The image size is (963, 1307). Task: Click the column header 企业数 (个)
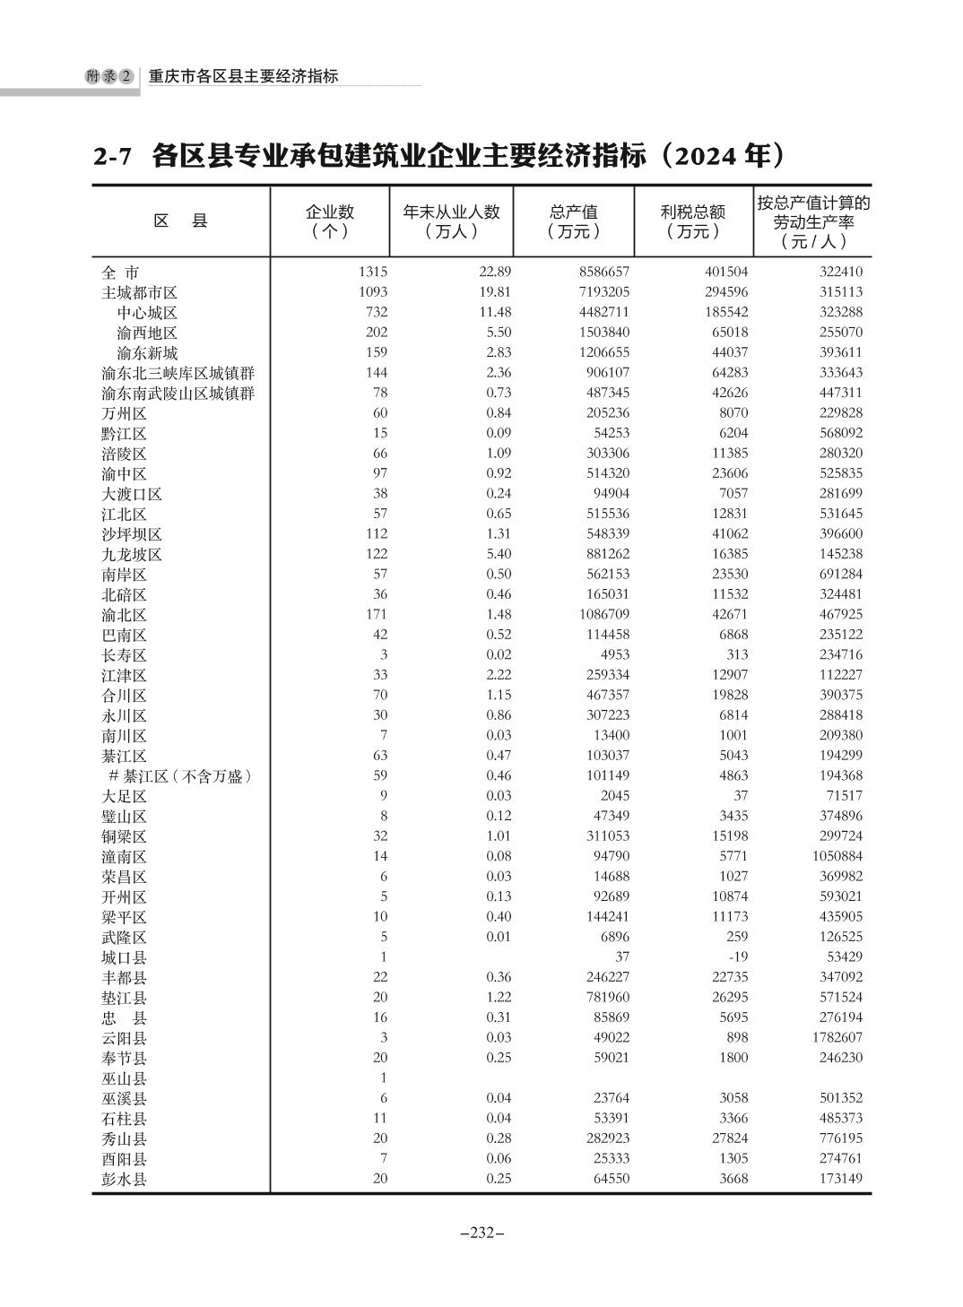pyautogui.click(x=330, y=221)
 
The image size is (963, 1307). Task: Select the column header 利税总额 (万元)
pyautogui.click(x=692, y=221)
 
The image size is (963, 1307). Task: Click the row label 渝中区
pyautogui.click(x=124, y=474)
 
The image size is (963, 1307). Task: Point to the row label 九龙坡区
pyautogui.click(x=132, y=555)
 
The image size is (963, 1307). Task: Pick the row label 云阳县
pyautogui.click(x=124, y=1038)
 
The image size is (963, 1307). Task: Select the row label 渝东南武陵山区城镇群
pyautogui.click(x=178, y=394)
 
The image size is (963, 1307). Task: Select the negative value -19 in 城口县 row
pyautogui.click(x=738, y=956)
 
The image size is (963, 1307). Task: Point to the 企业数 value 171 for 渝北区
pyautogui.click(x=376, y=614)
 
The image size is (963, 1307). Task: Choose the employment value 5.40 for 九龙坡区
pyautogui.click(x=499, y=554)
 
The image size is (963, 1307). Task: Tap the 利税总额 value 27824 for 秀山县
pyautogui.click(x=728, y=1138)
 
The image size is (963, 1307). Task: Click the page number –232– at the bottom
pyautogui.click(x=481, y=1233)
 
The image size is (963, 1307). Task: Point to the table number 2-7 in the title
pyautogui.click(x=113, y=158)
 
